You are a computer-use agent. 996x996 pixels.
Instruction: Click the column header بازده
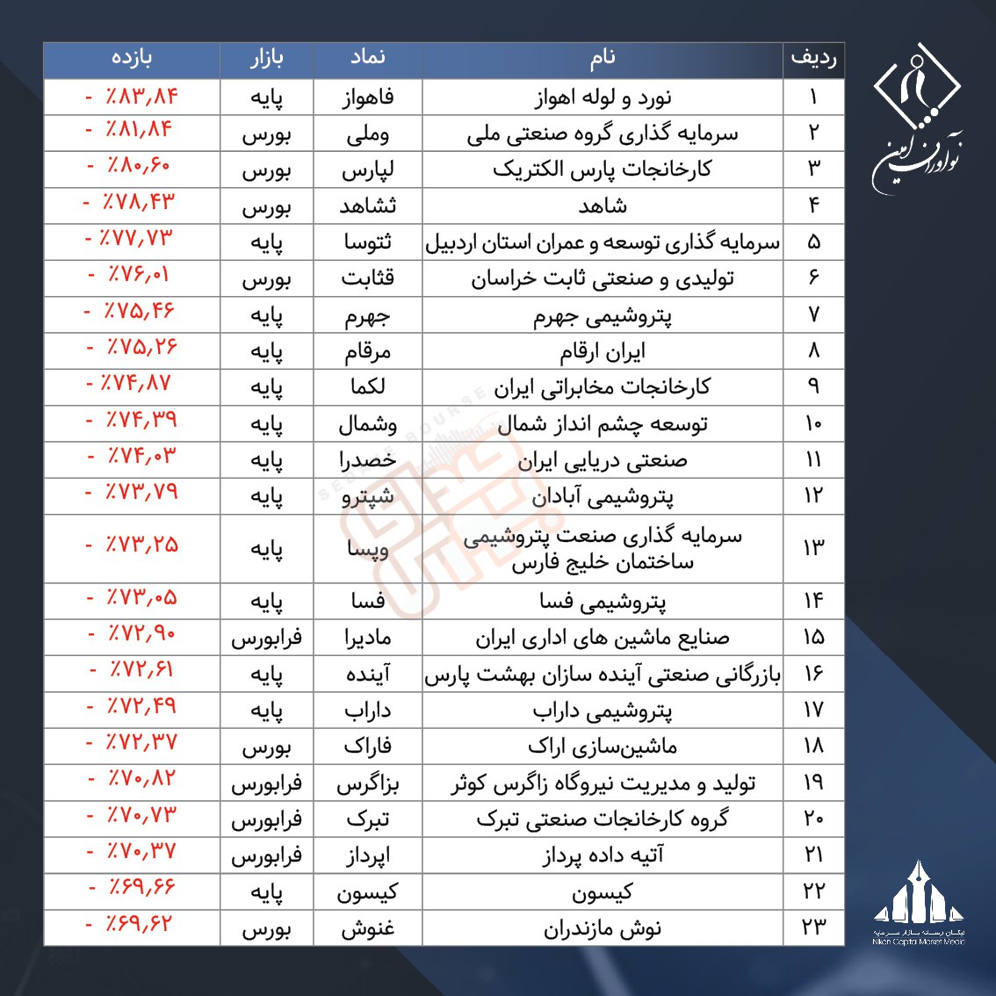pyautogui.click(x=132, y=60)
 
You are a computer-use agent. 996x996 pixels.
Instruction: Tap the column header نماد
pyautogui.click(x=368, y=60)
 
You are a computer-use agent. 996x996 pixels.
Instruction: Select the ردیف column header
pyautogui.click(x=813, y=60)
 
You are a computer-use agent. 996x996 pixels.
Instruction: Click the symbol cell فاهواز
pyautogui.click(x=368, y=97)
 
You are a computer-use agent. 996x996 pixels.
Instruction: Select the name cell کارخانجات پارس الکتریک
pyautogui.click(x=603, y=170)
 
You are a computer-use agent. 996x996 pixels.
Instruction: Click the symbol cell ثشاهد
pyautogui.click(x=368, y=206)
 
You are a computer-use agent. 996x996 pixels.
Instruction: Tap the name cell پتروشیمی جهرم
pyautogui.click(x=603, y=315)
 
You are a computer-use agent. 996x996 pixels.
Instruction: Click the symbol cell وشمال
pyautogui.click(x=368, y=424)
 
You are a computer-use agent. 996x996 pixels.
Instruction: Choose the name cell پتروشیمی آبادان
pyautogui.click(x=603, y=497)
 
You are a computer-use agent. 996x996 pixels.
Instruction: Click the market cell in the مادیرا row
pyautogui.click(x=266, y=638)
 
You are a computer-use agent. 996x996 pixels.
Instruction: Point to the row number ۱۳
pyautogui.click(x=813, y=548)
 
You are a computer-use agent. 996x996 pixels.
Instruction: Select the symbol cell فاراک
pyautogui.click(x=368, y=747)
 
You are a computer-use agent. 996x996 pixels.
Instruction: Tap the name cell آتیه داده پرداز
pyautogui.click(x=603, y=855)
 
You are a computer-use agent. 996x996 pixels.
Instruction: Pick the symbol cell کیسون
pyautogui.click(x=368, y=892)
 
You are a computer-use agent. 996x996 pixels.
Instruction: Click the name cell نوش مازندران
pyautogui.click(x=603, y=928)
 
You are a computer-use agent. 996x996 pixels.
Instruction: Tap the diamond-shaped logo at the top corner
pyautogui.click(x=916, y=88)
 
